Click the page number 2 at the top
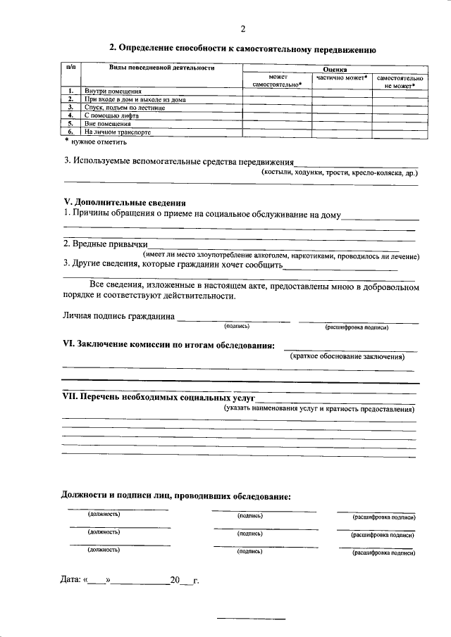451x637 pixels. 243,29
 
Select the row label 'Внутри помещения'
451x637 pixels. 113,92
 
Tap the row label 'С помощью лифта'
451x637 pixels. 109,115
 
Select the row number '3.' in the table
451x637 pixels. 70,107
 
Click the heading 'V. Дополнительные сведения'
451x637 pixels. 125,203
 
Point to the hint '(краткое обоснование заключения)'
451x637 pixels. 348,357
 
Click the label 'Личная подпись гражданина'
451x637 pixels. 119,316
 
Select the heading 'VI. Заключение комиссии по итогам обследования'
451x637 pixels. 169,344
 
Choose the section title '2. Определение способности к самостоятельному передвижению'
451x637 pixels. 243,49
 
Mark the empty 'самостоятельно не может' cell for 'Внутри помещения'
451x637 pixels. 400,92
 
